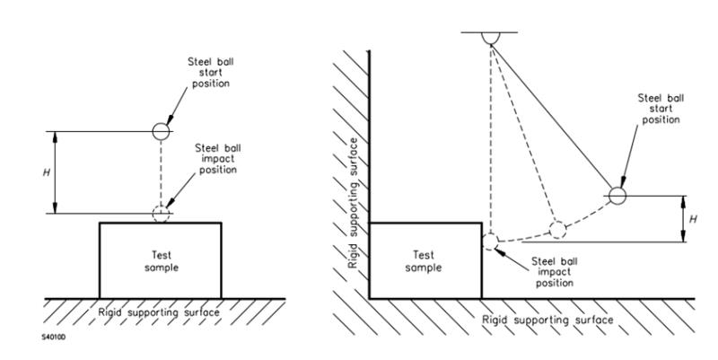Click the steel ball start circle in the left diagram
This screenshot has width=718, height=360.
pos(160,130)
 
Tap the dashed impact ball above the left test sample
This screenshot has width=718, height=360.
pos(160,214)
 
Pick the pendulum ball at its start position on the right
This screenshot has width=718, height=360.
pos(617,194)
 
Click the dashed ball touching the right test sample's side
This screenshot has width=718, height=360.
pos(490,241)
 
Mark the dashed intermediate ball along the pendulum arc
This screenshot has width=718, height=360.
pos(557,228)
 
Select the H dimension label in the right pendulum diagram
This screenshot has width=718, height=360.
pos(692,218)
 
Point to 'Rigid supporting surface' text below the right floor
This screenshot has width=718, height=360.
pos(547,319)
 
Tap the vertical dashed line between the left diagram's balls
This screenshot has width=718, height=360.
pos(160,171)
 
